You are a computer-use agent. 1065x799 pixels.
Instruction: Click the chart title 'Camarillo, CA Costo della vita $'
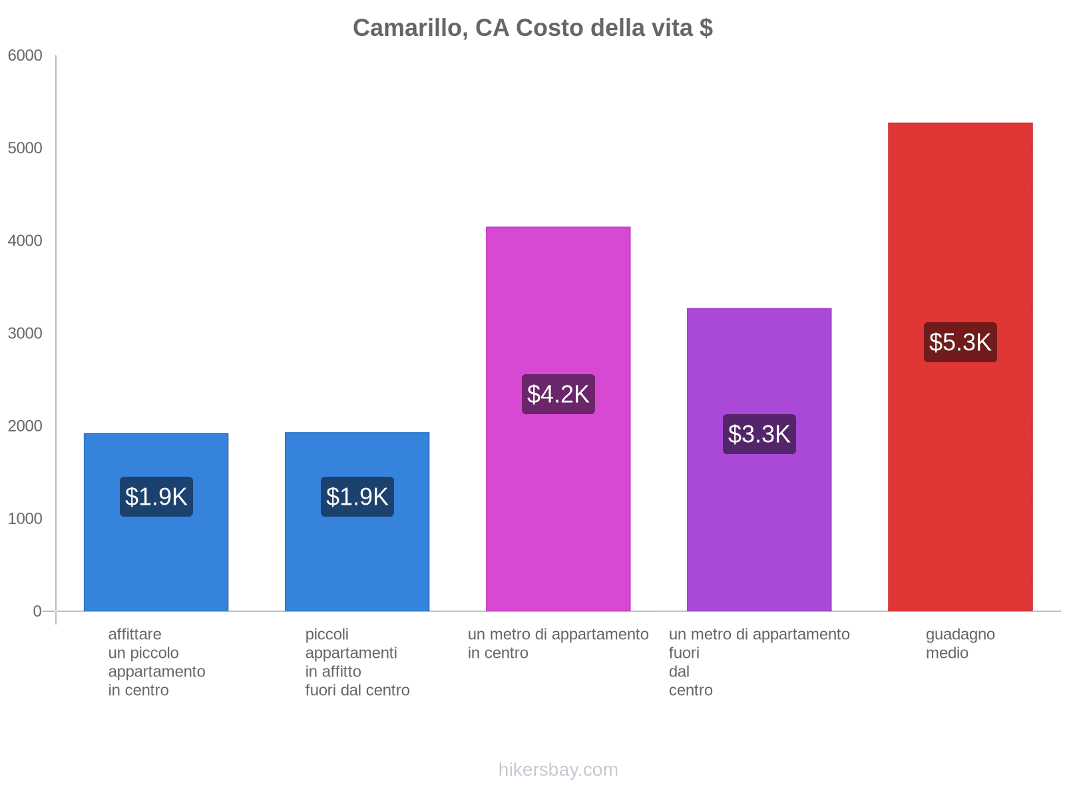click(x=532, y=28)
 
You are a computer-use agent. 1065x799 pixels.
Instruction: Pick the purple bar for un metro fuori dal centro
click(x=759, y=533)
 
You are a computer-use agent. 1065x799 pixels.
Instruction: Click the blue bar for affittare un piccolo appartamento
click(x=156, y=559)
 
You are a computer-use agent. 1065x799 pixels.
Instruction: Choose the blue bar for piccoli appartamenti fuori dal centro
click(x=357, y=559)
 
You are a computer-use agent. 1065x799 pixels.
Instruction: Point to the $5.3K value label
click(x=960, y=342)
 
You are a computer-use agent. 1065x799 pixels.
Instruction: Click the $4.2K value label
click(x=558, y=394)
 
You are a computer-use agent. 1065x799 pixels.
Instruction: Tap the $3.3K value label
click(x=759, y=434)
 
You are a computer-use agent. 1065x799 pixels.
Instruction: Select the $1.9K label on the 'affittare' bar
click(x=156, y=497)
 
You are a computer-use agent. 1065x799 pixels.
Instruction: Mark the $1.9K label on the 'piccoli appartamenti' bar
click(x=357, y=497)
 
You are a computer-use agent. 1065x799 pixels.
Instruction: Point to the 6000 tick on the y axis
click(x=25, y=56)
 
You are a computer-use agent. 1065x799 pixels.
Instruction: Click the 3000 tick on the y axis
click(x=25, y=334)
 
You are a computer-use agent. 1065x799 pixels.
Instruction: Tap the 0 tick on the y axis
click(x=37, y=611)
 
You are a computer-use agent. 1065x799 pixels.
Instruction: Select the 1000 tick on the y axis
click(x=25, y=519)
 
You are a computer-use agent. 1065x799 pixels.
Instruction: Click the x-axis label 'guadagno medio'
click(x=960, y=644)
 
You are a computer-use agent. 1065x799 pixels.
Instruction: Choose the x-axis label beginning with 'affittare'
click(x=156, y=662)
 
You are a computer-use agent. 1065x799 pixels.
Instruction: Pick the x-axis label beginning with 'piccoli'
click(x=357, y=662)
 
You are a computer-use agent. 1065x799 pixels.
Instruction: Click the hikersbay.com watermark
click(x=558, y=770)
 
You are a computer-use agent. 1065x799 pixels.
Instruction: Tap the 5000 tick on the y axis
click(x=25, y=148)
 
